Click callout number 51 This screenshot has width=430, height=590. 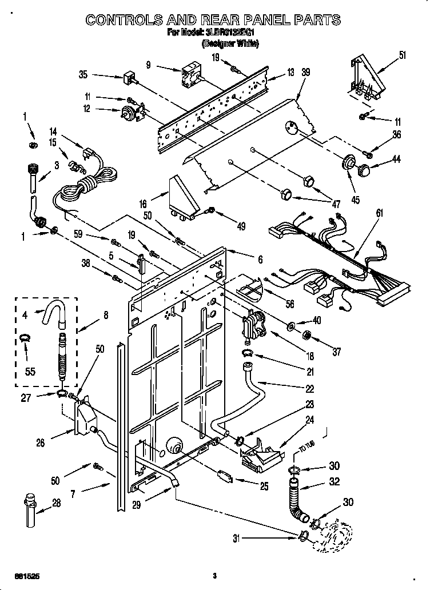tap(402, 55)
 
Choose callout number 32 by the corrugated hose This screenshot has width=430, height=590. tap(334, 481)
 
